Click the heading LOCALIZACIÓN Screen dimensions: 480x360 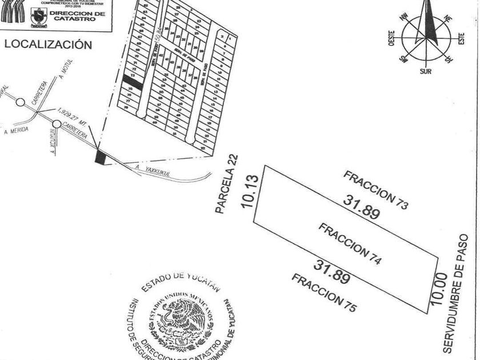pos(48,45)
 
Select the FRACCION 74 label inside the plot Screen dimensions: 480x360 pos(350,244)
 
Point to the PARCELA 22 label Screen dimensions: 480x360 pos(226,185)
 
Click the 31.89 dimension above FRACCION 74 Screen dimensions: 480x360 pos(361,207)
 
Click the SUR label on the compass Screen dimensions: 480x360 pos(425,71)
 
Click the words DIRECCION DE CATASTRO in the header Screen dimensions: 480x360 pos(77,15)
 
